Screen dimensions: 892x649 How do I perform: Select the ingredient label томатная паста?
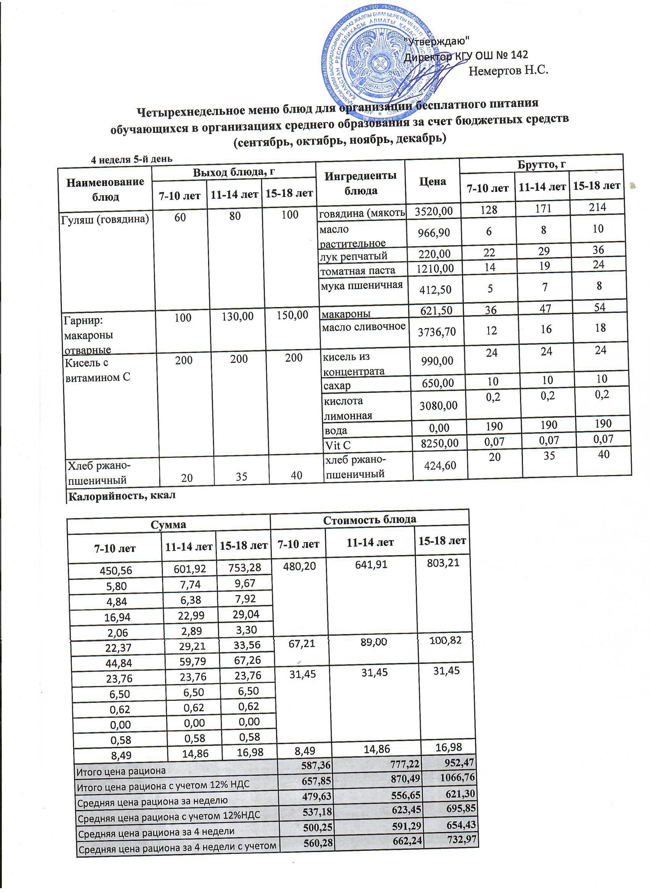coord(357,270)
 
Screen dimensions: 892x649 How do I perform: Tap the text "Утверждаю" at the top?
coord(437,40)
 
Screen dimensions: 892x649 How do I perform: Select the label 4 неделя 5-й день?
coord(131,159)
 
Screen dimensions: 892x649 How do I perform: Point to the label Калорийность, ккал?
coord(122,496)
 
